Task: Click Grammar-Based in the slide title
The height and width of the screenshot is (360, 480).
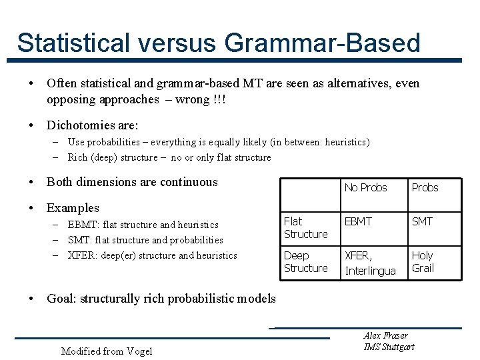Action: [x=323, y=43]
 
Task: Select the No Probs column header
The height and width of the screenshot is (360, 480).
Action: [x=365, y=187]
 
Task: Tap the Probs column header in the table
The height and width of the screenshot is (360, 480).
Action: [x=425, y=187]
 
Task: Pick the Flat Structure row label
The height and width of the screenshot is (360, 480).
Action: [x=305, y=227]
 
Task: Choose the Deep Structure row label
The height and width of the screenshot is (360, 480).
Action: [x=305, y=262]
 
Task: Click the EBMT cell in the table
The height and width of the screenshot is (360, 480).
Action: [x=359, y=221]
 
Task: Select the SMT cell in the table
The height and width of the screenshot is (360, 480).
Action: [x=422, y=221]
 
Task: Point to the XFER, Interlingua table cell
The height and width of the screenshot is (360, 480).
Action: [x=370, y=263]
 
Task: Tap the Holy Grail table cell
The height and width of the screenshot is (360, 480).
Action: [x=423, y=262]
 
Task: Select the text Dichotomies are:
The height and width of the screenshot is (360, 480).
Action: [x=92, y=125]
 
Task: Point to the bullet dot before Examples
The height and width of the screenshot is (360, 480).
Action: [x=32, y=208]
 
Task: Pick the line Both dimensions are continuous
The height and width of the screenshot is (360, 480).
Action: [x=132, y=182]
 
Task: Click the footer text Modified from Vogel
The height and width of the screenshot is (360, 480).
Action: [x=106, y=351]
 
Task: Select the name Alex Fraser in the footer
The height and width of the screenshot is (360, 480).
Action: [x=385, y=335]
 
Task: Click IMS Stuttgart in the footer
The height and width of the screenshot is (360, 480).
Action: [x=389, y=347]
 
